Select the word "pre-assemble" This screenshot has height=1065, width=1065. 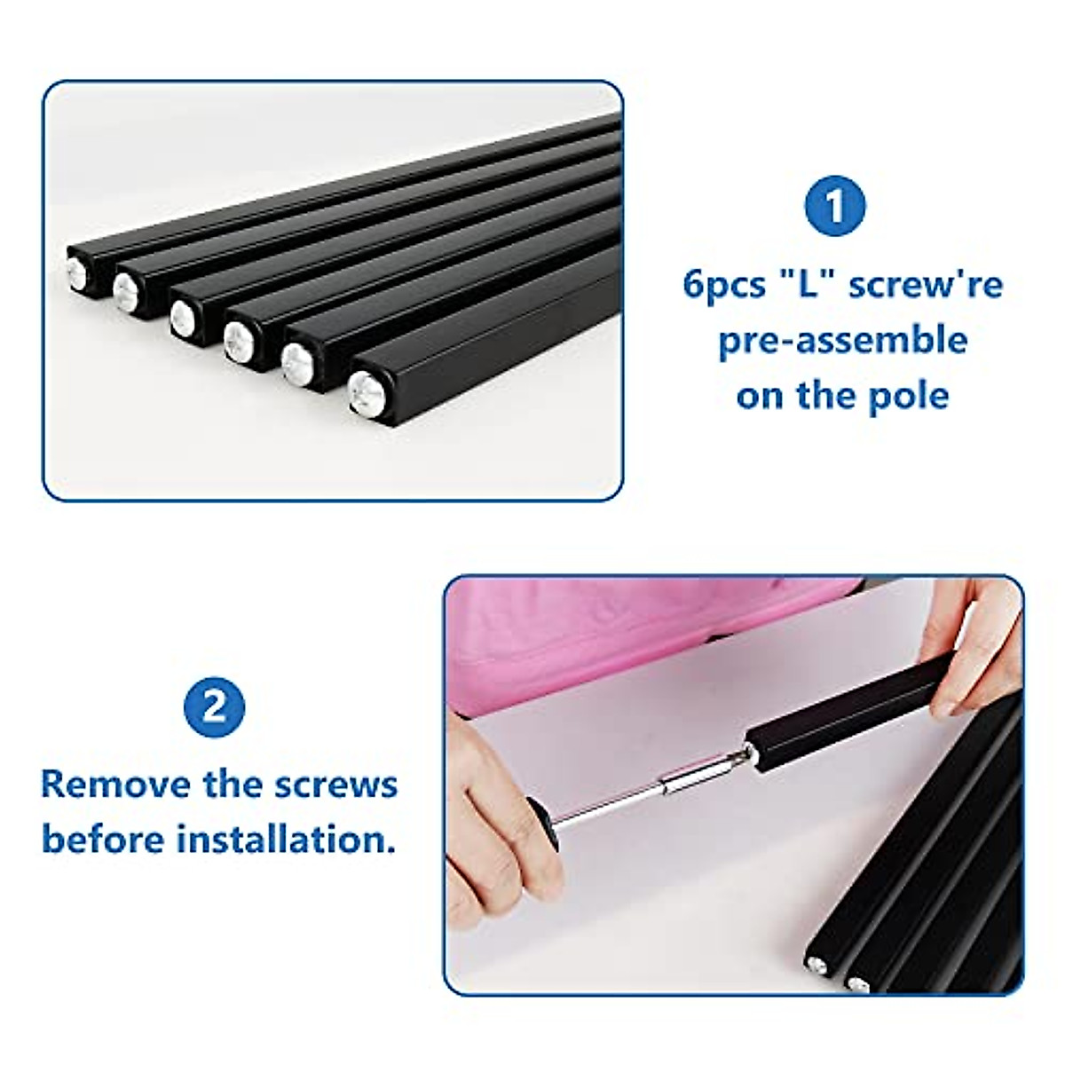(842, 340)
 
